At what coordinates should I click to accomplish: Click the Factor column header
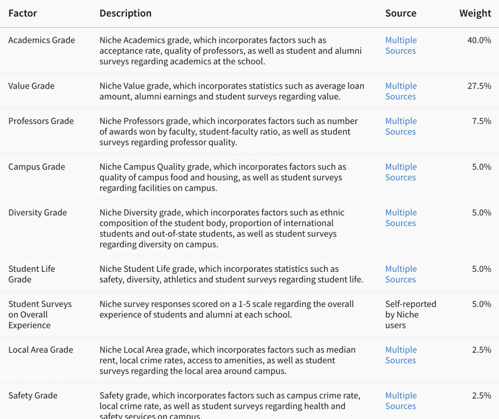point(23,13)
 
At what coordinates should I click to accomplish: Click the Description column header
point(125,13)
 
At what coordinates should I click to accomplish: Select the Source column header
point(401,13)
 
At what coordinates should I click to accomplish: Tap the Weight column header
point(475,13)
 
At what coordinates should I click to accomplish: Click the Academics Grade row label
point(42,40)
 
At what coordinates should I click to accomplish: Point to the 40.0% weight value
point(479,40)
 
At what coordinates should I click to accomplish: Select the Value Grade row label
point(31,86)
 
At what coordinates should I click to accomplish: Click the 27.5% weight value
point(479,86)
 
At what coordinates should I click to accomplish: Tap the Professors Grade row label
point(41,121)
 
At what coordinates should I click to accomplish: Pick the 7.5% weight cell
point(481,121)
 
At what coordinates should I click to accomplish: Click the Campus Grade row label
point(37,167)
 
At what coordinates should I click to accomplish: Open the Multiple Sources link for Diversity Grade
point(401,218)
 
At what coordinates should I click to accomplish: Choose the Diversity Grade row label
point(37,212)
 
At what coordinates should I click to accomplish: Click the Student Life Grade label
point(31,274)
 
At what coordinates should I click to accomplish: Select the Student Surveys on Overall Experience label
point(40,315)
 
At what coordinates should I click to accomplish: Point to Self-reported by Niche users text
point(410,315)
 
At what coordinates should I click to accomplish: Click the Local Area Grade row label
point(41,350)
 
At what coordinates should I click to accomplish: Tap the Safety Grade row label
point(33,395)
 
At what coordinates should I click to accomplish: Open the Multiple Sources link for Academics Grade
point(401,45)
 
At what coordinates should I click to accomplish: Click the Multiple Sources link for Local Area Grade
point(401,355)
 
